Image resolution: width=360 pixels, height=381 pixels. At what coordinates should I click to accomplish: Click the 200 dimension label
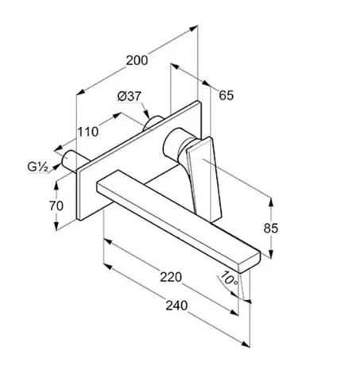pos(137,60)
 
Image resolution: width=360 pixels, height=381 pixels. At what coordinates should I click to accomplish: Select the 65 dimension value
pos(226,95)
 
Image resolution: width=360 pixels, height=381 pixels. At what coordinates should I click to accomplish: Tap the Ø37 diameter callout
pos(130,96)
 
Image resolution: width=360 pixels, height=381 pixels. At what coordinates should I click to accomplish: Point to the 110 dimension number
pos(87,132)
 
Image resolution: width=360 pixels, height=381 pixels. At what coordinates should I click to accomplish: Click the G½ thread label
pos(38,167)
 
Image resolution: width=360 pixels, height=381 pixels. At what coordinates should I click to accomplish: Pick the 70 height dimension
pos(56,206)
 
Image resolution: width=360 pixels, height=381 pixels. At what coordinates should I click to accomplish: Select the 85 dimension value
pos(271,228)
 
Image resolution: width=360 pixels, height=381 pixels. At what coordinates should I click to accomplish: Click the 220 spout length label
pos(171,277)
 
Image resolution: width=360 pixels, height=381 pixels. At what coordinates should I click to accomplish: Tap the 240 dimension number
pos(176,306)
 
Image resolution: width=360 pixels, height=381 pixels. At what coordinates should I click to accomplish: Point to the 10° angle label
pos(230,279)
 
